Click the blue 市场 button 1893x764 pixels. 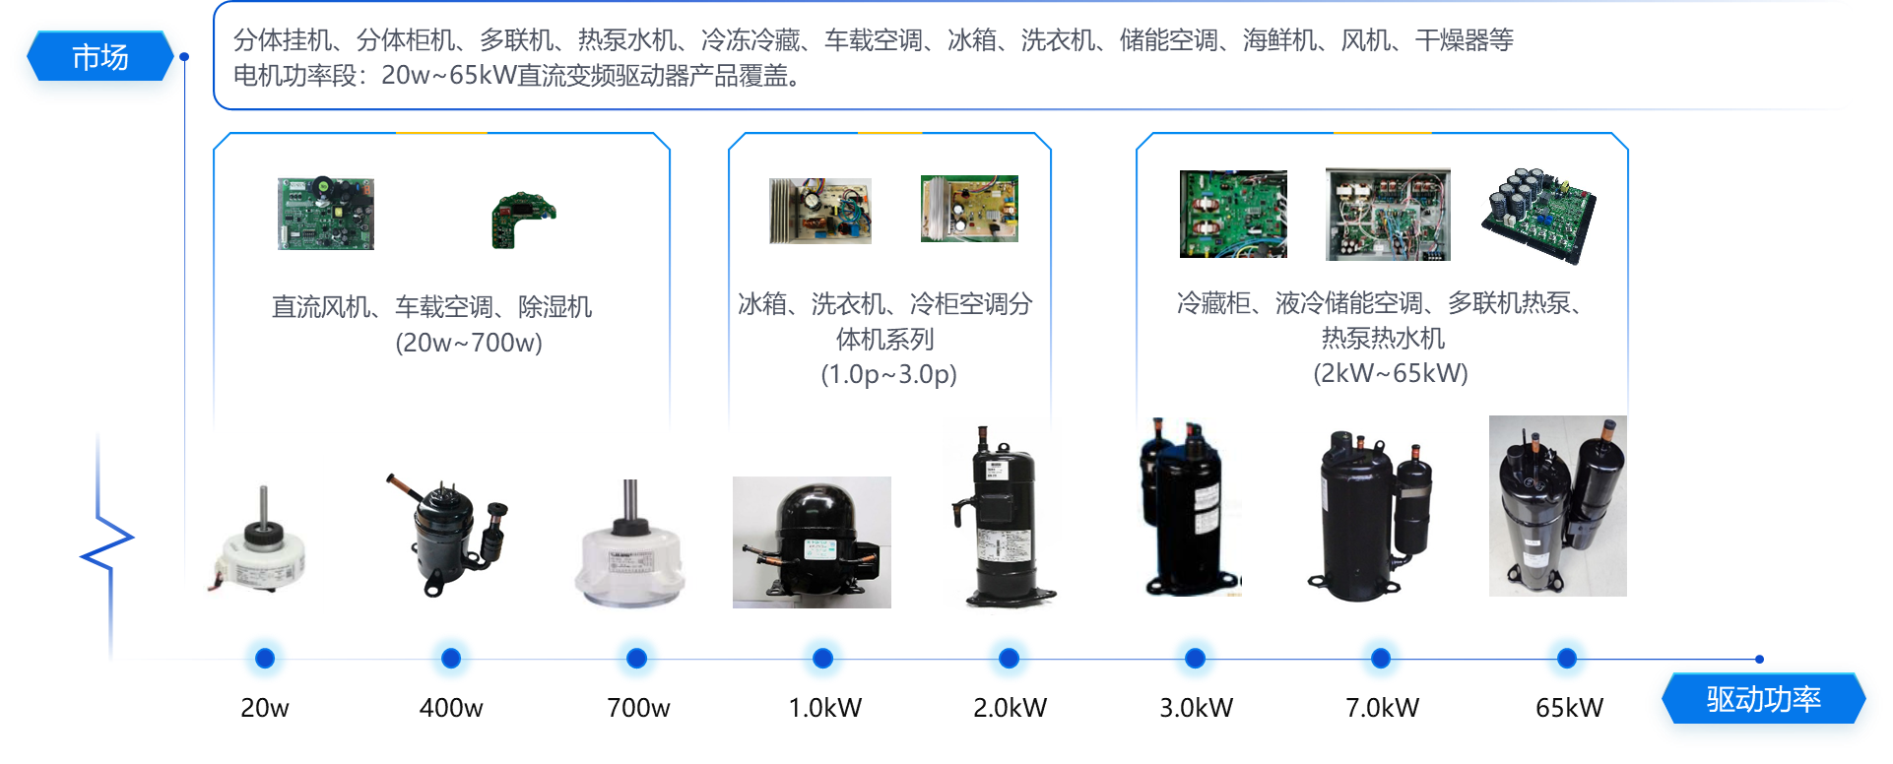pyautogui.click(x=99, y=58)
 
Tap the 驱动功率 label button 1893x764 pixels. pyautogui.click(x=1763, y=700)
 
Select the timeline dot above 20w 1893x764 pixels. pyautogui.click(x=265, y=658)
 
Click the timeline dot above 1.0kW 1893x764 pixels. pyautogui.click(x=822, y=658)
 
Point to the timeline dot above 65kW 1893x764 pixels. pyautogui.click(x=1566, y=658)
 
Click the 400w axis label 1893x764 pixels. pyautogui.click(x=451, y=708)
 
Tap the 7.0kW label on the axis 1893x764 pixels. pyautogui.click(x=1382, y=708)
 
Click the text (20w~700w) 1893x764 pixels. pyautogui.click(x=469, y=343)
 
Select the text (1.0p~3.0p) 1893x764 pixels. pyautogui.click(x=888, y=374)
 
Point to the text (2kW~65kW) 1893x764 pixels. pyautogui.click(x=1390, y=373)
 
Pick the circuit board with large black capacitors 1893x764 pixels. pyautogui.click(x=1538, y=216)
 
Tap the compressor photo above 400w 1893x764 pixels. pyautogui.click(x=447, y=538)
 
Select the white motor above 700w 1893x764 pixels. pyautogui.click(x=632, y=551)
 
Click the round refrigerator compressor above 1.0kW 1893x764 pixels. pyautogui.click(x=812, y=541)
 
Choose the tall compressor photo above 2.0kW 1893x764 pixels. pyautogui.click(x=1002, y=516)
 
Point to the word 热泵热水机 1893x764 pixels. pyautogui.click(x=1382, y=339)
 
